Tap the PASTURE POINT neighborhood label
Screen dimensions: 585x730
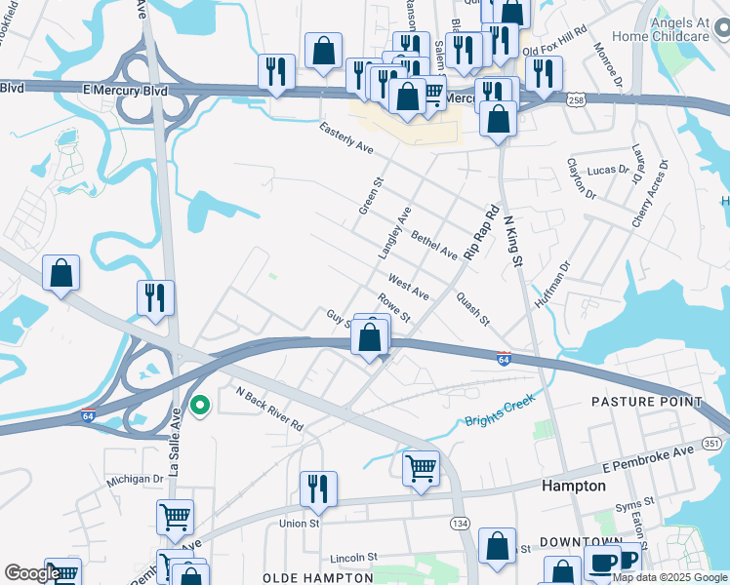[646, 402]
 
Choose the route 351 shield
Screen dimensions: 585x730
[711, 444]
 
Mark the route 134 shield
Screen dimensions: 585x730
[458, 524]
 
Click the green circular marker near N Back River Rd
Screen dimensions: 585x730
[200, 405]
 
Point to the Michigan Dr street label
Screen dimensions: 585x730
[136, 480]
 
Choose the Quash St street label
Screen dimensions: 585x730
[472, 310]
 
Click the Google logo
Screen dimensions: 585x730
[32, 573]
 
